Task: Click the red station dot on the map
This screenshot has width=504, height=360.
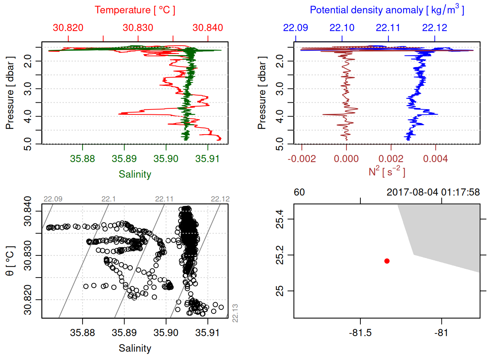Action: point(387,261)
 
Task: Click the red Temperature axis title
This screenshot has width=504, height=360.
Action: point(135,10)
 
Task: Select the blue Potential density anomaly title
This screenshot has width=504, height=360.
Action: point(387,10)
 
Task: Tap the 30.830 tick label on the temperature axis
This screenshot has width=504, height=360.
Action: point(138,28)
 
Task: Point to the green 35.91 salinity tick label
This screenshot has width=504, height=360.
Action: point(207,159)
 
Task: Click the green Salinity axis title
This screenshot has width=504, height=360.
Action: point(135,174)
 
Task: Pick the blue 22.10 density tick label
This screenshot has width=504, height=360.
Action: point(342,28)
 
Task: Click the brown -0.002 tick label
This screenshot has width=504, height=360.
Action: point(302,159)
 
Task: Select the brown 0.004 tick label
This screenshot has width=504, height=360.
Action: point(435,159)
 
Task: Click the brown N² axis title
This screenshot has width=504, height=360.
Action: point(387,172)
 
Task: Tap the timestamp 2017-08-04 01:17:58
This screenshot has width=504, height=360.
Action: point(433,192)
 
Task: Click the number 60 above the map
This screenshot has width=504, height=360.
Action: point(299,192)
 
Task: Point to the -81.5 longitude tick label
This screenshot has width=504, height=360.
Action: point(360,333)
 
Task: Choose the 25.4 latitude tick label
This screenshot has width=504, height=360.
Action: point(280,219)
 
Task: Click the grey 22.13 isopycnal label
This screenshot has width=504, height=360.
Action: point(235,313)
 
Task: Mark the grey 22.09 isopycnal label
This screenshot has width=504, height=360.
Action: point(53,199)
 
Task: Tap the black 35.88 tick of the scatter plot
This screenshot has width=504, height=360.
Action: point(82,333)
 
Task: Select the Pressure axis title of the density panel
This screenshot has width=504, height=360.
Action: point(262,93)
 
